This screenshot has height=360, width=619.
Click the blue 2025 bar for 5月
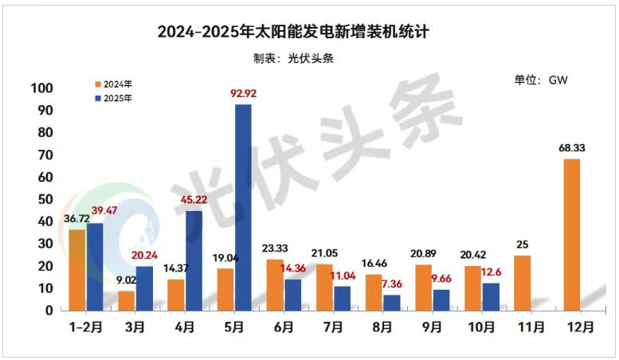[x=243, y=207]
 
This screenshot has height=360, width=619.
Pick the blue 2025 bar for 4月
[x=194, y=260]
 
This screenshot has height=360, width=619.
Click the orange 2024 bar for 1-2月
[x=77, y=269]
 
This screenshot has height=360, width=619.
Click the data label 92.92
[x=243, y=94]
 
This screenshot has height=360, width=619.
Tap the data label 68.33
[x=571, y=148]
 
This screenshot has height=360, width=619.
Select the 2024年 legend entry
[x=113, y=84]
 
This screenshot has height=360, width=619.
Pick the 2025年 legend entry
[x=113, y=99]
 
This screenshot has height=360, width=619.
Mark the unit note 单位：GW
[x=540, y=80]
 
